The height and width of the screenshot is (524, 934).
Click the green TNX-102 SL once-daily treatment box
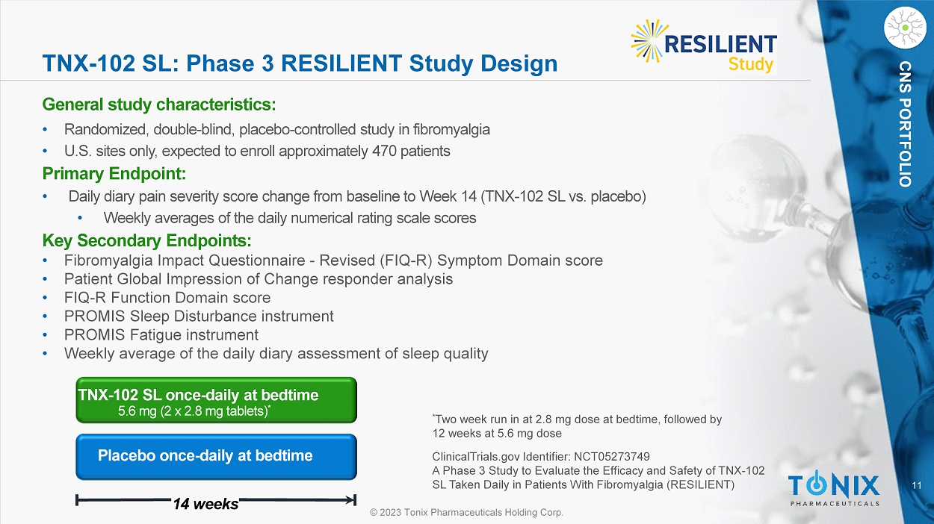[x=216, y=400]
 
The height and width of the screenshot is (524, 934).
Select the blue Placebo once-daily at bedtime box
[x=216, y=457]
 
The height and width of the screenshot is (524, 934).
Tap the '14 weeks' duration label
[x=205, y=504]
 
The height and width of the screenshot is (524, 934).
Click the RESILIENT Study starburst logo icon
[x=647, y=41]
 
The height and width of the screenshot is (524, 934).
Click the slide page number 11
[x=917, y=485]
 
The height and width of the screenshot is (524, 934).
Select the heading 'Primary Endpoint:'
[x=114, y=174]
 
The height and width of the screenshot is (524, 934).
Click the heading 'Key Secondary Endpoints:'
[x=146, y=240]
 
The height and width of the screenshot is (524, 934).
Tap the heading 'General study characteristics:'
[x=159, y=105]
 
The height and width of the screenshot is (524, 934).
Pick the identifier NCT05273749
[x=612, y=457]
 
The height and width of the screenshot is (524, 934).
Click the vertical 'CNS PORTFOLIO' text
[x=905, y=124]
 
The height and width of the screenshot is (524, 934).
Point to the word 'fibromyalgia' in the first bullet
[x=451, y=130]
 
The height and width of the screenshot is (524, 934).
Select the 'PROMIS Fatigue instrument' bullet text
[x=161, y=335]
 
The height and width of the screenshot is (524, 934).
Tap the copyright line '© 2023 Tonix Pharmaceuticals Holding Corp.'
[x=466, y=512]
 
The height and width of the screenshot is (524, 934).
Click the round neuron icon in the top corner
[x=905, y=28]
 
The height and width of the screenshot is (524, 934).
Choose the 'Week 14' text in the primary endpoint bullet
[x=448, y=196]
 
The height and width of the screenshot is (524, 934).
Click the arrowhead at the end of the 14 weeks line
[x=350, y=500]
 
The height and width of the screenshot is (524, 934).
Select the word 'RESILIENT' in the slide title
[x=341, y=63]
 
